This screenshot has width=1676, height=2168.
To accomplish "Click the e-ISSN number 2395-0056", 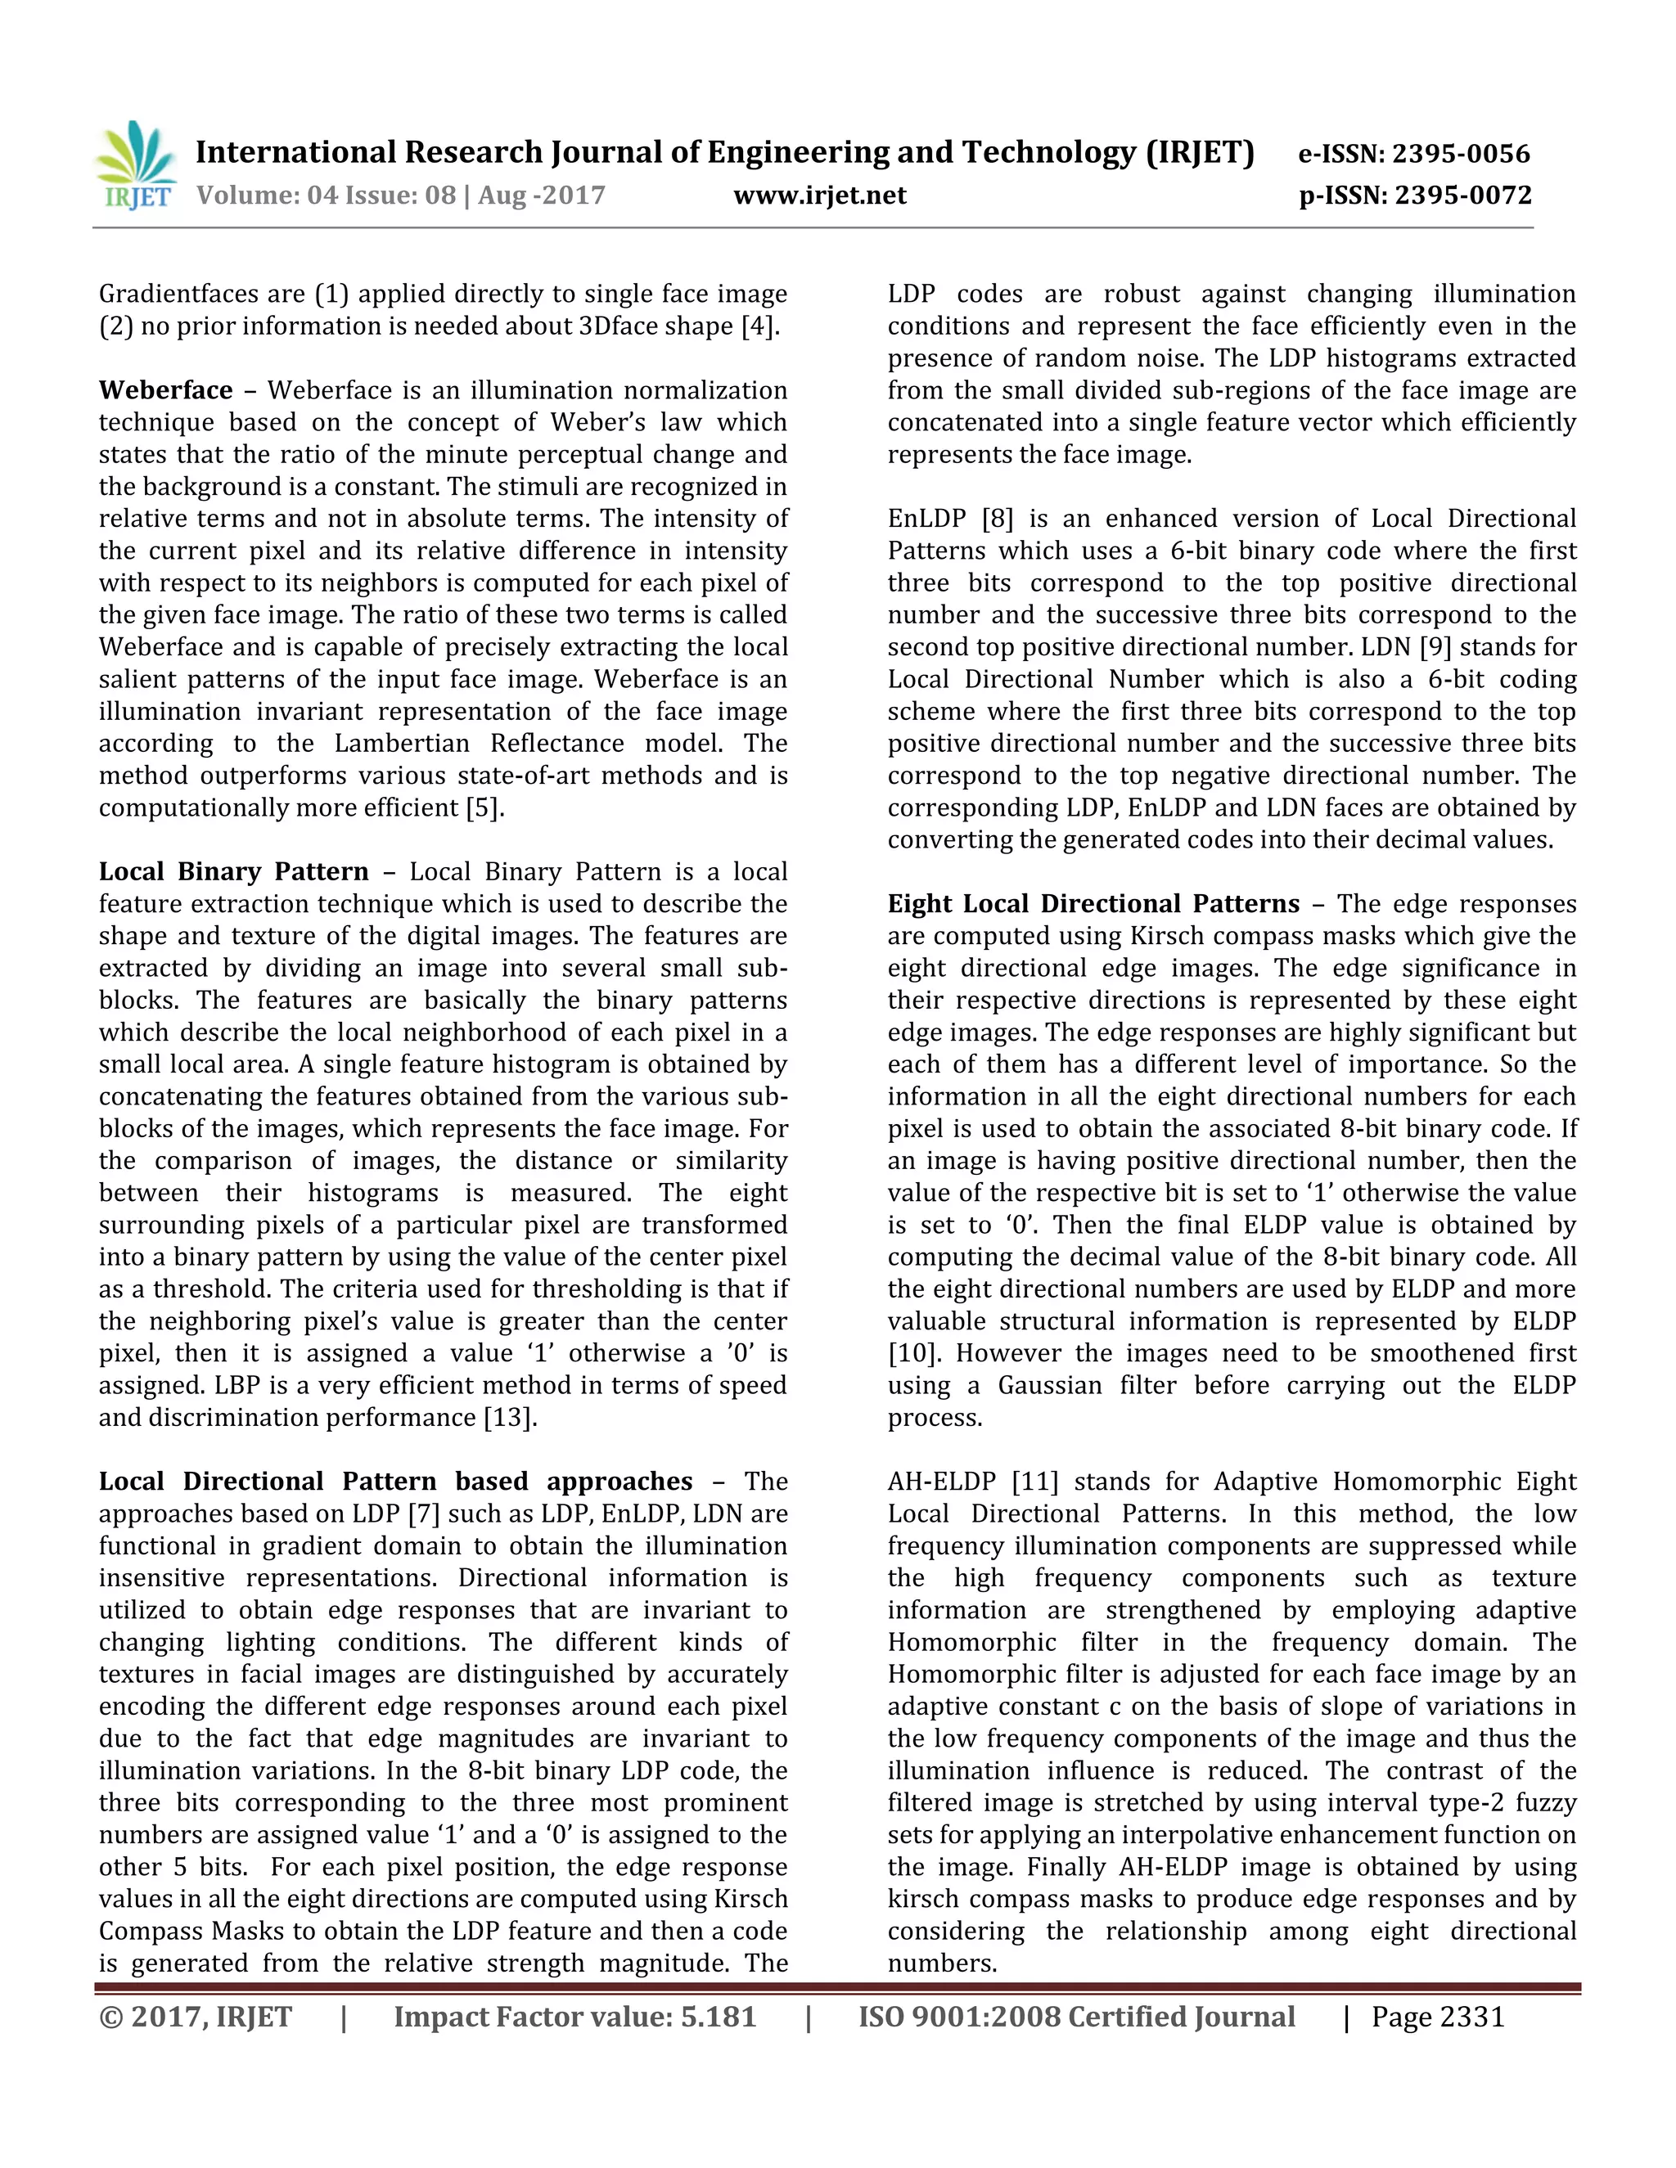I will [x=1461, y=154].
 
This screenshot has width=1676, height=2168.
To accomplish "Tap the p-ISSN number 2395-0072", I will [x=1462, y=196].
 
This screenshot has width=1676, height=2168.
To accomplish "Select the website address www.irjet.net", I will [x=819, y=196].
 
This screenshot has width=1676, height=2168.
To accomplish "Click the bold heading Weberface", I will [x=164, y=390].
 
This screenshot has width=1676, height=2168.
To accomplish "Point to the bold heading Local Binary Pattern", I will [x=233, y=871].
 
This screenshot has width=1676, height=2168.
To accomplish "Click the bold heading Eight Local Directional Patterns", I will [x=1093, y=903].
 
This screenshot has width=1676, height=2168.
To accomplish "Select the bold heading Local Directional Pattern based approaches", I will [x=395, y=1481].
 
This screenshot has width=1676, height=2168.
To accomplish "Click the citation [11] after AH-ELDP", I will [x=1034, y=1481].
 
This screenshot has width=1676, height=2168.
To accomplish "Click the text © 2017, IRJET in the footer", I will [x=196, y=2018].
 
